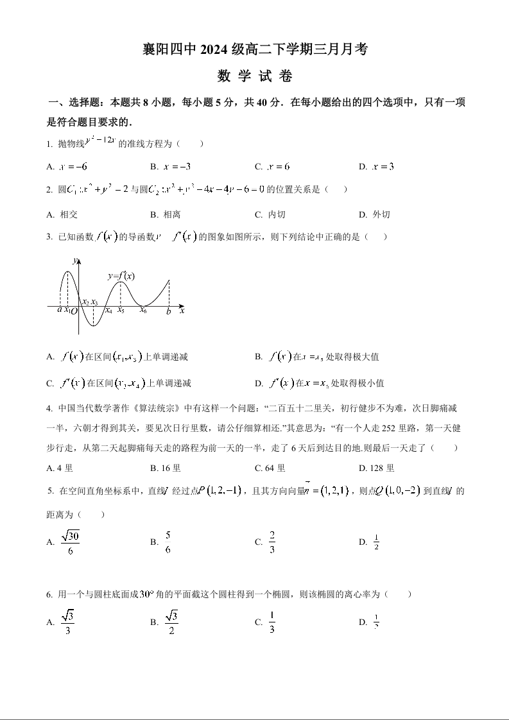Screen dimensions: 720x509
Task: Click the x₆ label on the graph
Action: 143,310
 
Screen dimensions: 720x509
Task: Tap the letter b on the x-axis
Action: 168,311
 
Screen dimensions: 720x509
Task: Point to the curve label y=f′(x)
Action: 121,276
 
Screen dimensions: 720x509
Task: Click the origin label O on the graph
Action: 74,311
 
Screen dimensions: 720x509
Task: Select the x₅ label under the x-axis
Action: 121,310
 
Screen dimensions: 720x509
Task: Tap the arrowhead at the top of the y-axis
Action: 78,259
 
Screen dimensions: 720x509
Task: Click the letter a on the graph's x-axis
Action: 59,309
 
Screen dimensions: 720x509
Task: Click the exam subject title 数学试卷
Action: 255,76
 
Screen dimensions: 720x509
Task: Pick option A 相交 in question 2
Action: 63,214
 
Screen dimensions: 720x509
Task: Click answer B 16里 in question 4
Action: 166,468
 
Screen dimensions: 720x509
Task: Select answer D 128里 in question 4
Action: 377,468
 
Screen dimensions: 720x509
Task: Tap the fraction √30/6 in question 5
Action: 70,542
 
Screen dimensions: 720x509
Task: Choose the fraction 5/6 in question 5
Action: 168,542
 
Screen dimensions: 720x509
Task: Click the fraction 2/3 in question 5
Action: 272,542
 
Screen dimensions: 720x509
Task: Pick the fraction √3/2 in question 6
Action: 171,622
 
